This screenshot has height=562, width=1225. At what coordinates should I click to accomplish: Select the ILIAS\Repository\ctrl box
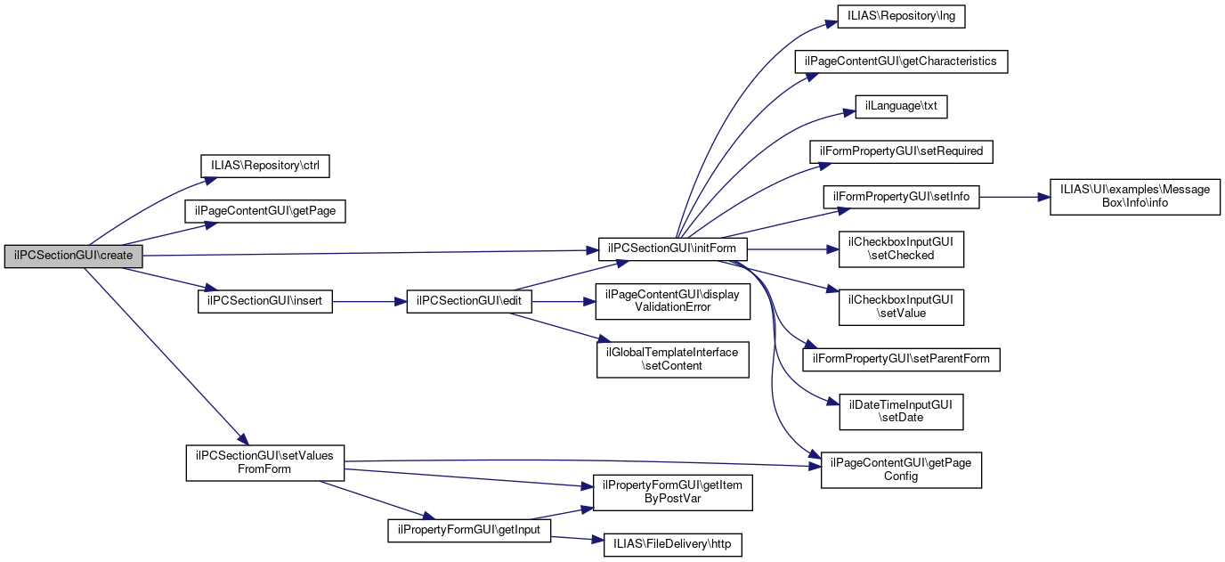[265, 166]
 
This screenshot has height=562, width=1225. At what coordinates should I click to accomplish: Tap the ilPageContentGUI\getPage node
[264, 211]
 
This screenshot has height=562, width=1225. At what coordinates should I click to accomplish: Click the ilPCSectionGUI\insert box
[264, 302]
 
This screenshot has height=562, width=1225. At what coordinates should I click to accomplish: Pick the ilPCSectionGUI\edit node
[468, 302]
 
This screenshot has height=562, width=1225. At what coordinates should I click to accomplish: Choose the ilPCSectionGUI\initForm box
[672, 248]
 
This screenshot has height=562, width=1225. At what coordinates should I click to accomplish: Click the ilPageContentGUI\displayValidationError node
[672, 301]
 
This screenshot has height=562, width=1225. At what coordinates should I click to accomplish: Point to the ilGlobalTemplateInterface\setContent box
[672, 359]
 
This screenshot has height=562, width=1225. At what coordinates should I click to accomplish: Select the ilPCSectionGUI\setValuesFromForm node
[264, 462]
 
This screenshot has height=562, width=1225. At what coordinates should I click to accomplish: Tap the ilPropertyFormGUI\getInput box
[469, 530]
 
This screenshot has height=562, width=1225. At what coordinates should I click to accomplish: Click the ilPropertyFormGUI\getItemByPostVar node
[672, 492]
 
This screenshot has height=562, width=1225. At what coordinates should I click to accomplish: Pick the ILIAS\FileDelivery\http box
[672, 544]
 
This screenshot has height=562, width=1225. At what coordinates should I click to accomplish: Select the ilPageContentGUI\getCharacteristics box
[901, 61]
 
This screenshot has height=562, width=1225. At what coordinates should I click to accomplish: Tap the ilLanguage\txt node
[901, 106]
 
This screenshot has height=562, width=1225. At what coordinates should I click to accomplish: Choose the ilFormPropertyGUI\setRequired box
[901, 151]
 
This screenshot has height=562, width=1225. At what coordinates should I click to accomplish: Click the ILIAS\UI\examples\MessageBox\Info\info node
[1133, 196]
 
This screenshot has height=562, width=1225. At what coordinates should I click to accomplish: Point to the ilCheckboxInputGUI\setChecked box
[901, 248]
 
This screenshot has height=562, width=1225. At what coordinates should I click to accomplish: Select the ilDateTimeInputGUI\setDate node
[901, 411]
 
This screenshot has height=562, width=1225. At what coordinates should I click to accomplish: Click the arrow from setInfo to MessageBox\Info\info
[1015, 197]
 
